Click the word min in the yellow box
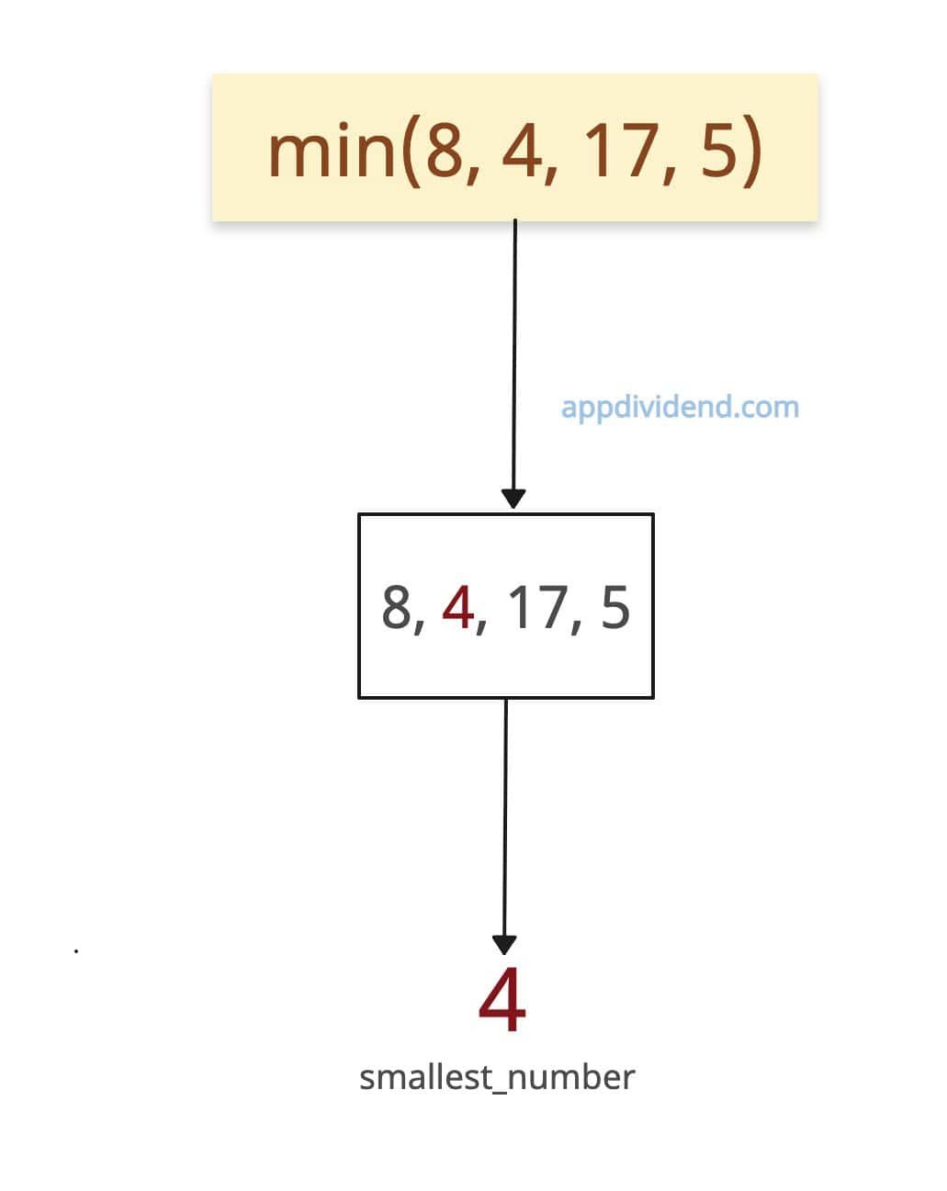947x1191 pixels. pyautogui.click(x=331, y=150)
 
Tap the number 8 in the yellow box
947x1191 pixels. pyautogui.click(x=445, y=150)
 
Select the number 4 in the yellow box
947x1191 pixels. pyautogui.click(x=522, y=150)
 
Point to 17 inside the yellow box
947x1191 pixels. pyautogui.click(x=619, y=150)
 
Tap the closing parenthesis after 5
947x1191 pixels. pyautogui.click(x=752, y=151)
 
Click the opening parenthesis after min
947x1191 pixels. pyautogui.click(x=411, y=151)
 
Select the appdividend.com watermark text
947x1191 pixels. pyautogui.click(x=680, y=408)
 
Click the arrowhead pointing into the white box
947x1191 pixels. pyautogui.click(x=513, y=498)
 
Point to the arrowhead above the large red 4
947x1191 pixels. pyautogui.click(x=504, y=945)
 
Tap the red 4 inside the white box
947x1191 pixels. pyautogui.click(x=458, y=608)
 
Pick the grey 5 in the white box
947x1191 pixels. pyautogui.click(x=615, y=608)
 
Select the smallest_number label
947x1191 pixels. pyautogui.click(x=497, y=1078)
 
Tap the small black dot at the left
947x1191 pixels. pyautogui.click(x=76, y=951)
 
